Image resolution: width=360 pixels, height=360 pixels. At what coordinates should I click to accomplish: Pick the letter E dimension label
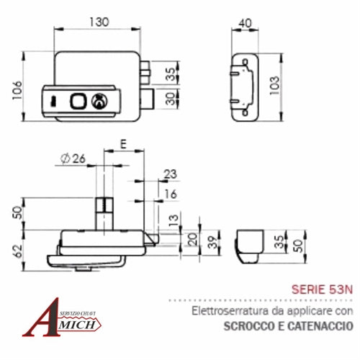124,145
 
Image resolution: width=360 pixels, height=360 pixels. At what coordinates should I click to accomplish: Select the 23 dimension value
170,173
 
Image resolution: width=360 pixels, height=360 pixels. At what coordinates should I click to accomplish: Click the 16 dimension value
170,194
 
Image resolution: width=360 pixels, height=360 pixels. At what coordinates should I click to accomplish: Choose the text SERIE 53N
323,290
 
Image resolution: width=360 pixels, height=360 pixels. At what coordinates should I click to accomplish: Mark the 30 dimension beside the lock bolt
171,97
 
